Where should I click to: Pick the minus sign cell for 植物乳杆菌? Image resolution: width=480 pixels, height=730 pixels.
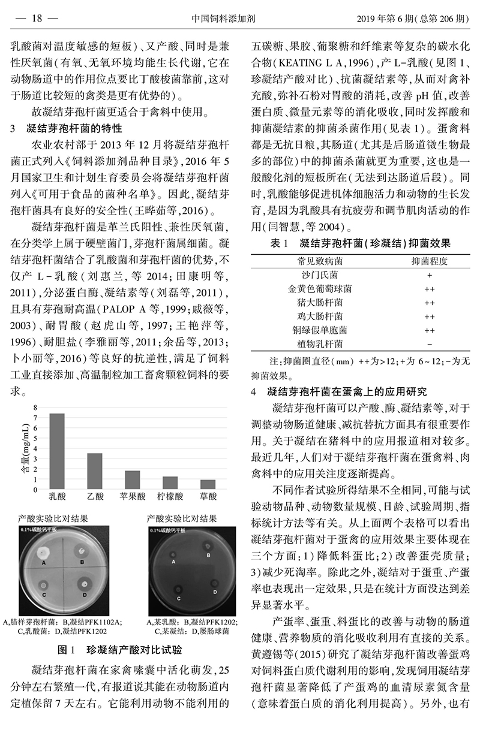pyautogui.click(x=430, y=344)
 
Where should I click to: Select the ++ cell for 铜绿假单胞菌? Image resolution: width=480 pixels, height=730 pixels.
pyautogui.click(x=430, y=330)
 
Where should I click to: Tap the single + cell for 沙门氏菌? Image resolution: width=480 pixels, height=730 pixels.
pyautogui.click(x=430, y=275)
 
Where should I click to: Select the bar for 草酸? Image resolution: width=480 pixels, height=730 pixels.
pyautogui.click(x=208, y=484)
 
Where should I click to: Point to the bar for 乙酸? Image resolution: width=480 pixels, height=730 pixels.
pyautogui.click(x=95, y=470)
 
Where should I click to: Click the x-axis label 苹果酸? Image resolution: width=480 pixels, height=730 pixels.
pyautogui.click(x=133, y=496)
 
